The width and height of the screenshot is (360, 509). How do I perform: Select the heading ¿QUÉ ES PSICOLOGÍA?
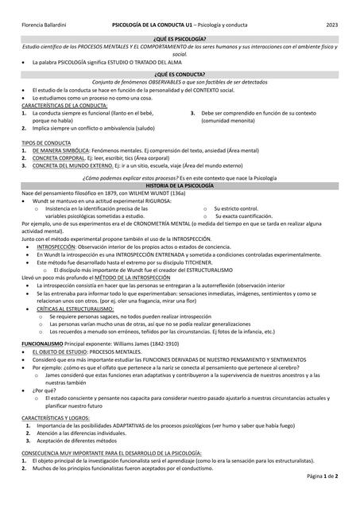pyautogui.click(x=180, y=38)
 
